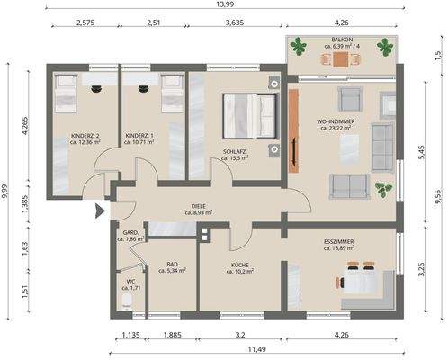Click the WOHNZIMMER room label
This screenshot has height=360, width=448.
(x=336, y=121)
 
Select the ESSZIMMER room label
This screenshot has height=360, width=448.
(x=345, y=243)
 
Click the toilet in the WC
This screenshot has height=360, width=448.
(x=127, y=302)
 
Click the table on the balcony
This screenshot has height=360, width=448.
(x=339, y=58)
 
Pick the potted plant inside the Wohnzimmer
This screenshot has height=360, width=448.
(x=384, y=188)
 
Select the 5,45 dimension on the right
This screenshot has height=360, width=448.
(x=423, y=151)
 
